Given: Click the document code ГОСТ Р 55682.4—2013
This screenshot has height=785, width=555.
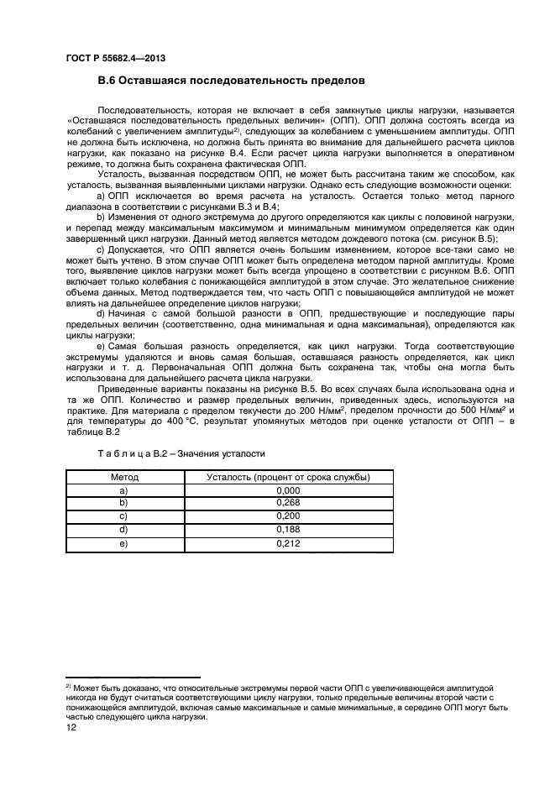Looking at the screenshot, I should [x=113, y=58].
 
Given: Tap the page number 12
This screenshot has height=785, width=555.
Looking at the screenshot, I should [x=71, y=729].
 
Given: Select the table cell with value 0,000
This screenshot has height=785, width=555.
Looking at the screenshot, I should [x=288, y=490].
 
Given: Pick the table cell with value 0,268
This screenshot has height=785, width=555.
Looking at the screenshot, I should [x=288, y=504].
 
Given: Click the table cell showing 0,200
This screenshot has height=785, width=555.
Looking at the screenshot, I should [x=288, y=517].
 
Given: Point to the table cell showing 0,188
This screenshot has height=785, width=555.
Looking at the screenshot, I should [x=288, y=531].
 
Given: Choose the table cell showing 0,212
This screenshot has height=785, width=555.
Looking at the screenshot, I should [x=288, y=544].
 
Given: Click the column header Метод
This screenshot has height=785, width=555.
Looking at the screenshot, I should [x=124, y=477].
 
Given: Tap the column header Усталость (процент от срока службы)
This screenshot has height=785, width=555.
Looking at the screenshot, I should [x=288, y=477].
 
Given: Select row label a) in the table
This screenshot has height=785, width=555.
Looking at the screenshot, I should [x=124, y=490].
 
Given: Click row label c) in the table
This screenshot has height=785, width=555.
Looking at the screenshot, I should [x=124, y=517].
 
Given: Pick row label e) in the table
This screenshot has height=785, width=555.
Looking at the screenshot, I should [x=124, y=544].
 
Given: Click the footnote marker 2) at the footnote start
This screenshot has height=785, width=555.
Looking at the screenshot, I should [x=69, y=686].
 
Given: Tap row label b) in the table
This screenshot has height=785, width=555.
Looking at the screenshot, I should [x=124, y=504].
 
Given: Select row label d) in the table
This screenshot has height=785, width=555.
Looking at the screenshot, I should [x=124, y=531].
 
